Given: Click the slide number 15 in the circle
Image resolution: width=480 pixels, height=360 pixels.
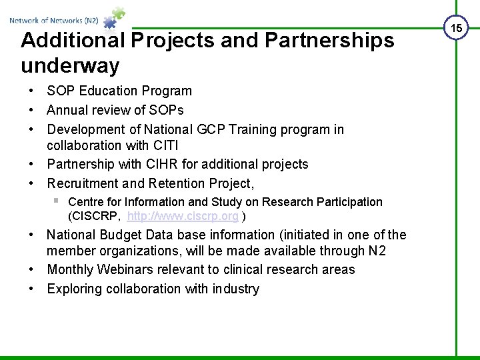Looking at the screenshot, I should [456, 27].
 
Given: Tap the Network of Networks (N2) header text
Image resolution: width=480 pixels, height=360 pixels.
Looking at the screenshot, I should [54, 21].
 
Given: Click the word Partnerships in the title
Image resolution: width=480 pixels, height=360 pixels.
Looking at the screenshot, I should [329, 40].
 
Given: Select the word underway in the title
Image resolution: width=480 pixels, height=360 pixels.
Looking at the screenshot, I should [70, 65].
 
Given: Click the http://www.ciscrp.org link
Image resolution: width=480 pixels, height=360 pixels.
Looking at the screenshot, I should [183, 216].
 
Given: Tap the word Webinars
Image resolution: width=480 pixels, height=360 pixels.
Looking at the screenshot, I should [125, 269].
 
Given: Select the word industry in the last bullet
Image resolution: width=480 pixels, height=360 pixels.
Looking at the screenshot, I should [236, 289].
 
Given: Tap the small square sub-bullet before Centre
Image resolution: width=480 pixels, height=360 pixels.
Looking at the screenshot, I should [57, 201].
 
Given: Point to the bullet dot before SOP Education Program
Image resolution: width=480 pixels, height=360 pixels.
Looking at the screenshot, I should [31, 91].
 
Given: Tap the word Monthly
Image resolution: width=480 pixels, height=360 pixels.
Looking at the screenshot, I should [71, 269].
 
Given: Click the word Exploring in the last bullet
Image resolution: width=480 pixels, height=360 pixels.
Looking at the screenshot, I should [75, 289].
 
